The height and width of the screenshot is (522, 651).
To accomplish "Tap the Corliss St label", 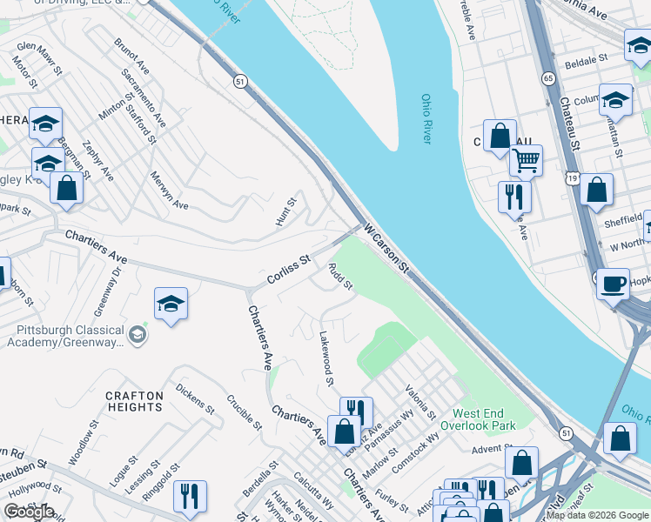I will [287, 270].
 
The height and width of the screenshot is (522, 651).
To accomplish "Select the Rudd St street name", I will [340, 277].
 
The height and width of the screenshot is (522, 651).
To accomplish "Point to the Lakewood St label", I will [326, 357].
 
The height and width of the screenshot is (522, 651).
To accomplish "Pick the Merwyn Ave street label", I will [169, 190].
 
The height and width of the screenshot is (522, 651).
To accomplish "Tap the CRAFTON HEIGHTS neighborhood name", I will [134, 401].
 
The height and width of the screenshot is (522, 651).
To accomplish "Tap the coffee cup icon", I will [613, 283].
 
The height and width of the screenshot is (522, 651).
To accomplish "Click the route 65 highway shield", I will [548, 77].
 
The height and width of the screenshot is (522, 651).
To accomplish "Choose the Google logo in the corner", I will [29, 512].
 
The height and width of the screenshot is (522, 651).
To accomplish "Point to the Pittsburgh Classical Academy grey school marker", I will [137, 334].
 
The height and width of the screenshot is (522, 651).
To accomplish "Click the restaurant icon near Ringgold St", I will [190, 496].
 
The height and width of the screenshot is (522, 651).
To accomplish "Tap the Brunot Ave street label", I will [132, 56].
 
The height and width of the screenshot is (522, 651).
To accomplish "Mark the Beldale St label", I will [586, 62].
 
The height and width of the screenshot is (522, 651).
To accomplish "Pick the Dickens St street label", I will [194, 396].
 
